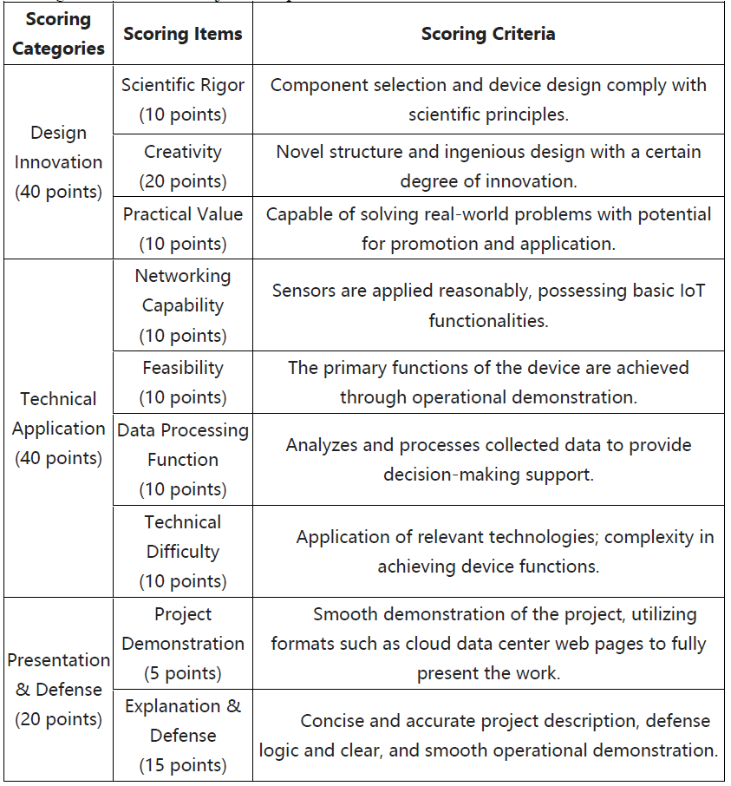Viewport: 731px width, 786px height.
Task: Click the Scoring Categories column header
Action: [x=58, y=34]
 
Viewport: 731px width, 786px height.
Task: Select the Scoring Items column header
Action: [x=182, y=34]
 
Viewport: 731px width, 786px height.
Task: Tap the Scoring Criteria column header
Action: [x=488, y=34]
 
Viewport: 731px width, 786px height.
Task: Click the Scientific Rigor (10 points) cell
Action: [x=182, y=100]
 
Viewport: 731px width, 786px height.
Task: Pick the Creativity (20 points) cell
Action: [x=182, y=166]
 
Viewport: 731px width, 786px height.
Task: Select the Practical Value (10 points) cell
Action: [x=182, y=228]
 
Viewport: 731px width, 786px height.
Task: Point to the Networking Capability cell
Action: [x=182, y=305]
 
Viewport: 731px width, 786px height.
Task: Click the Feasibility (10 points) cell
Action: [x=182, y=383]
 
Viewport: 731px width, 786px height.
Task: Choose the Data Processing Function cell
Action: [x=182, y=460]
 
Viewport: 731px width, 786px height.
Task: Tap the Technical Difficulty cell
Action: [x=182, y=552]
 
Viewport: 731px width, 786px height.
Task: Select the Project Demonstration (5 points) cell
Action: [x=182, y=644]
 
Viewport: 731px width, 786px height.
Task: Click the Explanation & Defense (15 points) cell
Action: [x=182, y=736]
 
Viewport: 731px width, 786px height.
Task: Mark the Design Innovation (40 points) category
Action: [x=58, y=162]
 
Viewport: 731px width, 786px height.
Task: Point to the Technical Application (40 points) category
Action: [x=58, y=429]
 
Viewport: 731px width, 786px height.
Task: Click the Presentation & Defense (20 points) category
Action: [x=58, y=690]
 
